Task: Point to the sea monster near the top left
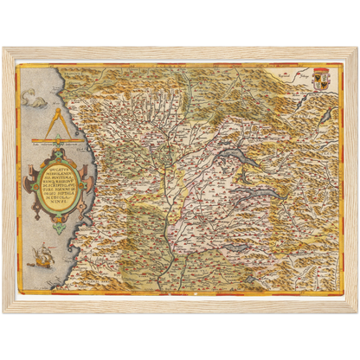[40, 98]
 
